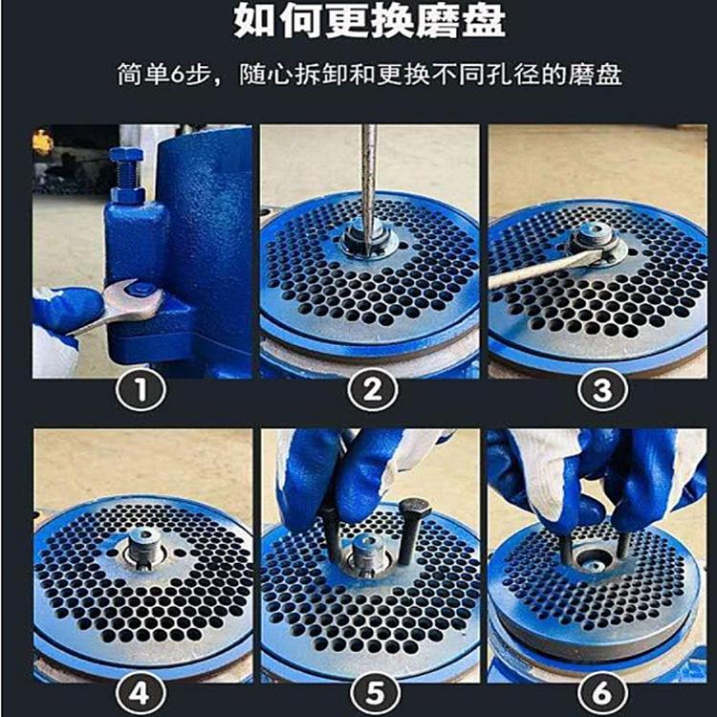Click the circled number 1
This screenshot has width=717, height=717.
(141, 389)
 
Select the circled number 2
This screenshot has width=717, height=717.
(370, 389)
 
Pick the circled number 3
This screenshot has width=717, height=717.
(597, 389)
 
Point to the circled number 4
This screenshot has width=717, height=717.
(141, 691)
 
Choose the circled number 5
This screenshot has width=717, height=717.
(370, 691)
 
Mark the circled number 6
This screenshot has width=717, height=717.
(597, 691)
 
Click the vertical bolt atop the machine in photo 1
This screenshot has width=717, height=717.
(126, 173)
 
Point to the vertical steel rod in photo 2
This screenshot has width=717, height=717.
(368, 182)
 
